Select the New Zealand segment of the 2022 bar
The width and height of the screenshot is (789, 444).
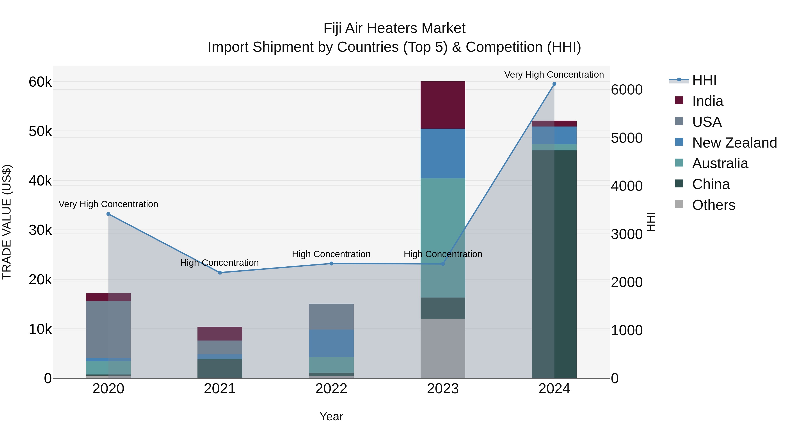click(x=331, y=343)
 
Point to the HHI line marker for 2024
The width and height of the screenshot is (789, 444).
click(x=554, y=84)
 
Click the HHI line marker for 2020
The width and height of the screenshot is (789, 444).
click(x=108, y=214)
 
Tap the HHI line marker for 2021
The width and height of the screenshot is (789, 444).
click(x=220, y=272)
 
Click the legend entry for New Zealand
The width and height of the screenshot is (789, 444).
click(x=734, y=143)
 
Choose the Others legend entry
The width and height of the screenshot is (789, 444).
click(x=713, y=205)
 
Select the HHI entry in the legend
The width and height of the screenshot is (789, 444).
click(x=704, y=80)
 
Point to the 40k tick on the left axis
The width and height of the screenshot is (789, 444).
click(x=40, y=181)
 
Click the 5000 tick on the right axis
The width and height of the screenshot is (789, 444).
click(x=627, y=138)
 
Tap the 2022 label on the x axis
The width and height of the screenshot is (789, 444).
click(x=331, y=389)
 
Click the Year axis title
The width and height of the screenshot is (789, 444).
click(x=331, y=416)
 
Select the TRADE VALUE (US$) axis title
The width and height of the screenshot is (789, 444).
click(x=7, y=222)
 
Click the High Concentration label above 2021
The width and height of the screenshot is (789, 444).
click(x=219, y=263)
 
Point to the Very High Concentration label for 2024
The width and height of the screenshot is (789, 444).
click(x=554, y=75)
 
